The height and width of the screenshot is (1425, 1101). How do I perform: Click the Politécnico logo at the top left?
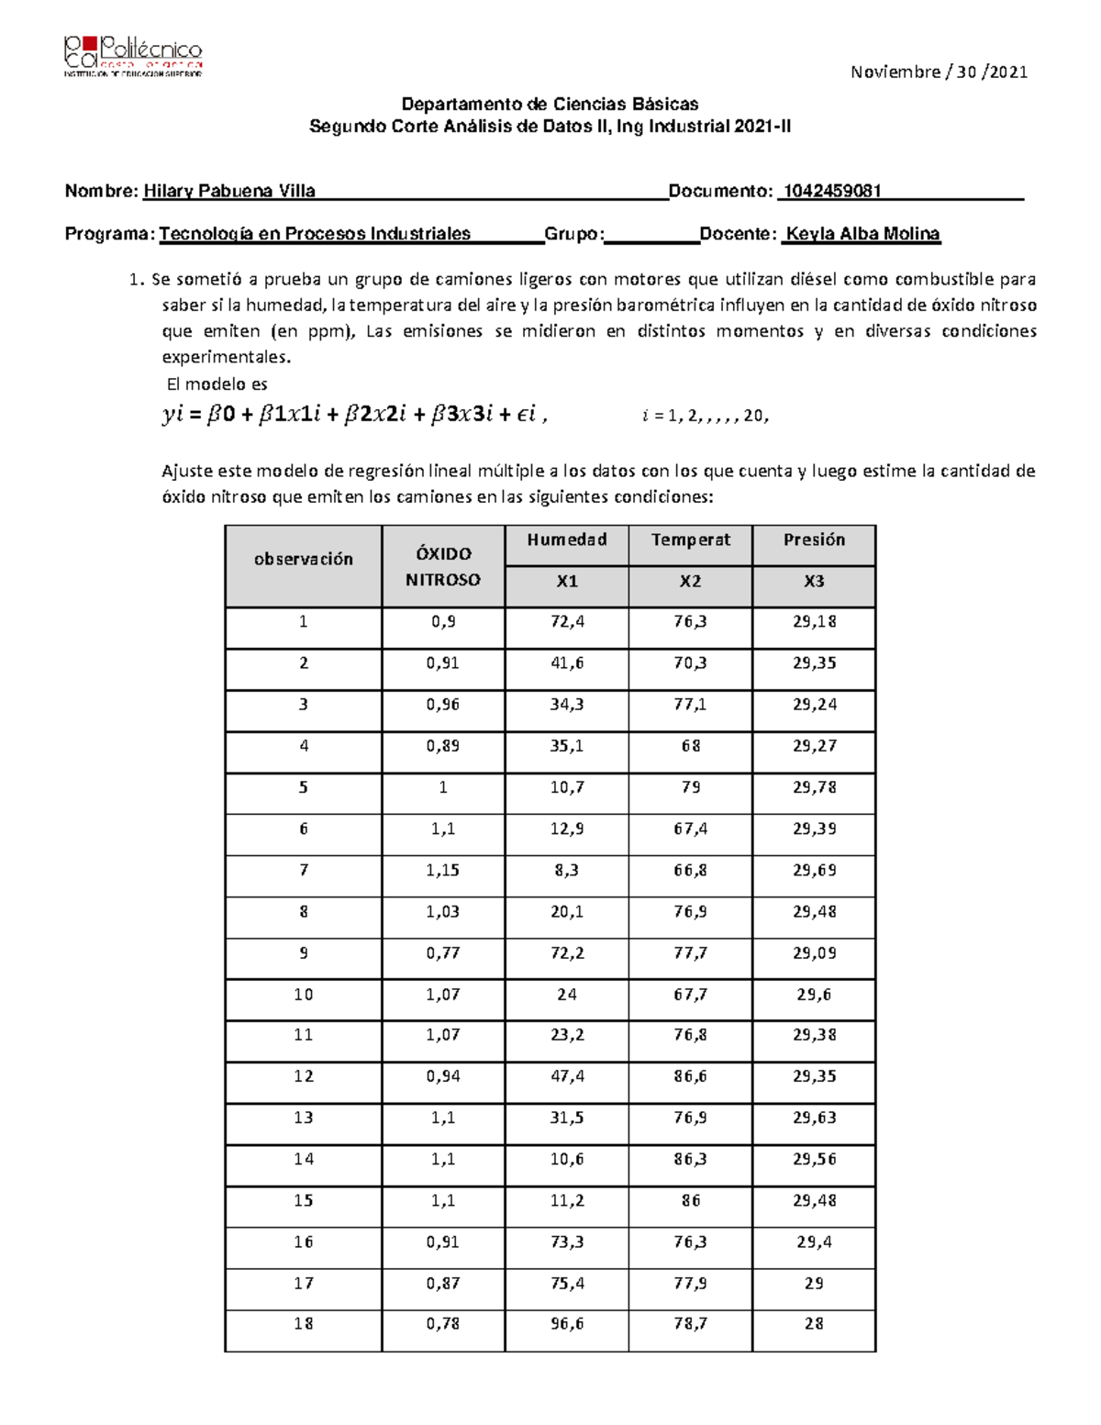click(133, 57)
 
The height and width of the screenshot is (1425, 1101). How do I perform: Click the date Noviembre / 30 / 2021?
click(938, 72)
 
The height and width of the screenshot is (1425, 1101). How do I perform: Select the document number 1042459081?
click(830, 191)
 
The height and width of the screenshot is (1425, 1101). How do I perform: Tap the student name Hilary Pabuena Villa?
click(229, 191)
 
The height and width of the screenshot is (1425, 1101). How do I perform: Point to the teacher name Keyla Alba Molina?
click(863, 234)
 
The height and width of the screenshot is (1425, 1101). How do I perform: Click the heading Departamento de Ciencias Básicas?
click(550, 104)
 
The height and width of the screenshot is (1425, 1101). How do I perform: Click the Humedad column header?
click(566, 540)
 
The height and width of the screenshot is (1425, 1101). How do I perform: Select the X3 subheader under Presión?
click(814, 582)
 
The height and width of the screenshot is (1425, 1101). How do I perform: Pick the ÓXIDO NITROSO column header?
click(443, 567)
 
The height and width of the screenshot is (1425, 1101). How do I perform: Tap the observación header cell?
click(303, 559)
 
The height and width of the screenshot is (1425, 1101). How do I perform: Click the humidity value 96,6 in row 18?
click(566, 1324)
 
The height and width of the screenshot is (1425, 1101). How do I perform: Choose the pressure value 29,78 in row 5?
click(814, 787)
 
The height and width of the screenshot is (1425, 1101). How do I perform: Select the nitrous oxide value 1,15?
click(443, 870)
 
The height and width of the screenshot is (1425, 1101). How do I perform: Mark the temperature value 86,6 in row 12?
click(690, 1076)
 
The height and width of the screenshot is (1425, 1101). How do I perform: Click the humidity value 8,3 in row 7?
click(566, 870)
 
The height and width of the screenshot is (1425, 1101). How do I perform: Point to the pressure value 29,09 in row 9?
click(814, 953)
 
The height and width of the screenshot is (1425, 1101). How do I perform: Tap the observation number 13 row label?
click(303, 1118)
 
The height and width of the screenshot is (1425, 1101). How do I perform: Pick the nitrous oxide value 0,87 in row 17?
click(443, 1284)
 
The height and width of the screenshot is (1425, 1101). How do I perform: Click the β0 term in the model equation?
click(220, 416)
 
